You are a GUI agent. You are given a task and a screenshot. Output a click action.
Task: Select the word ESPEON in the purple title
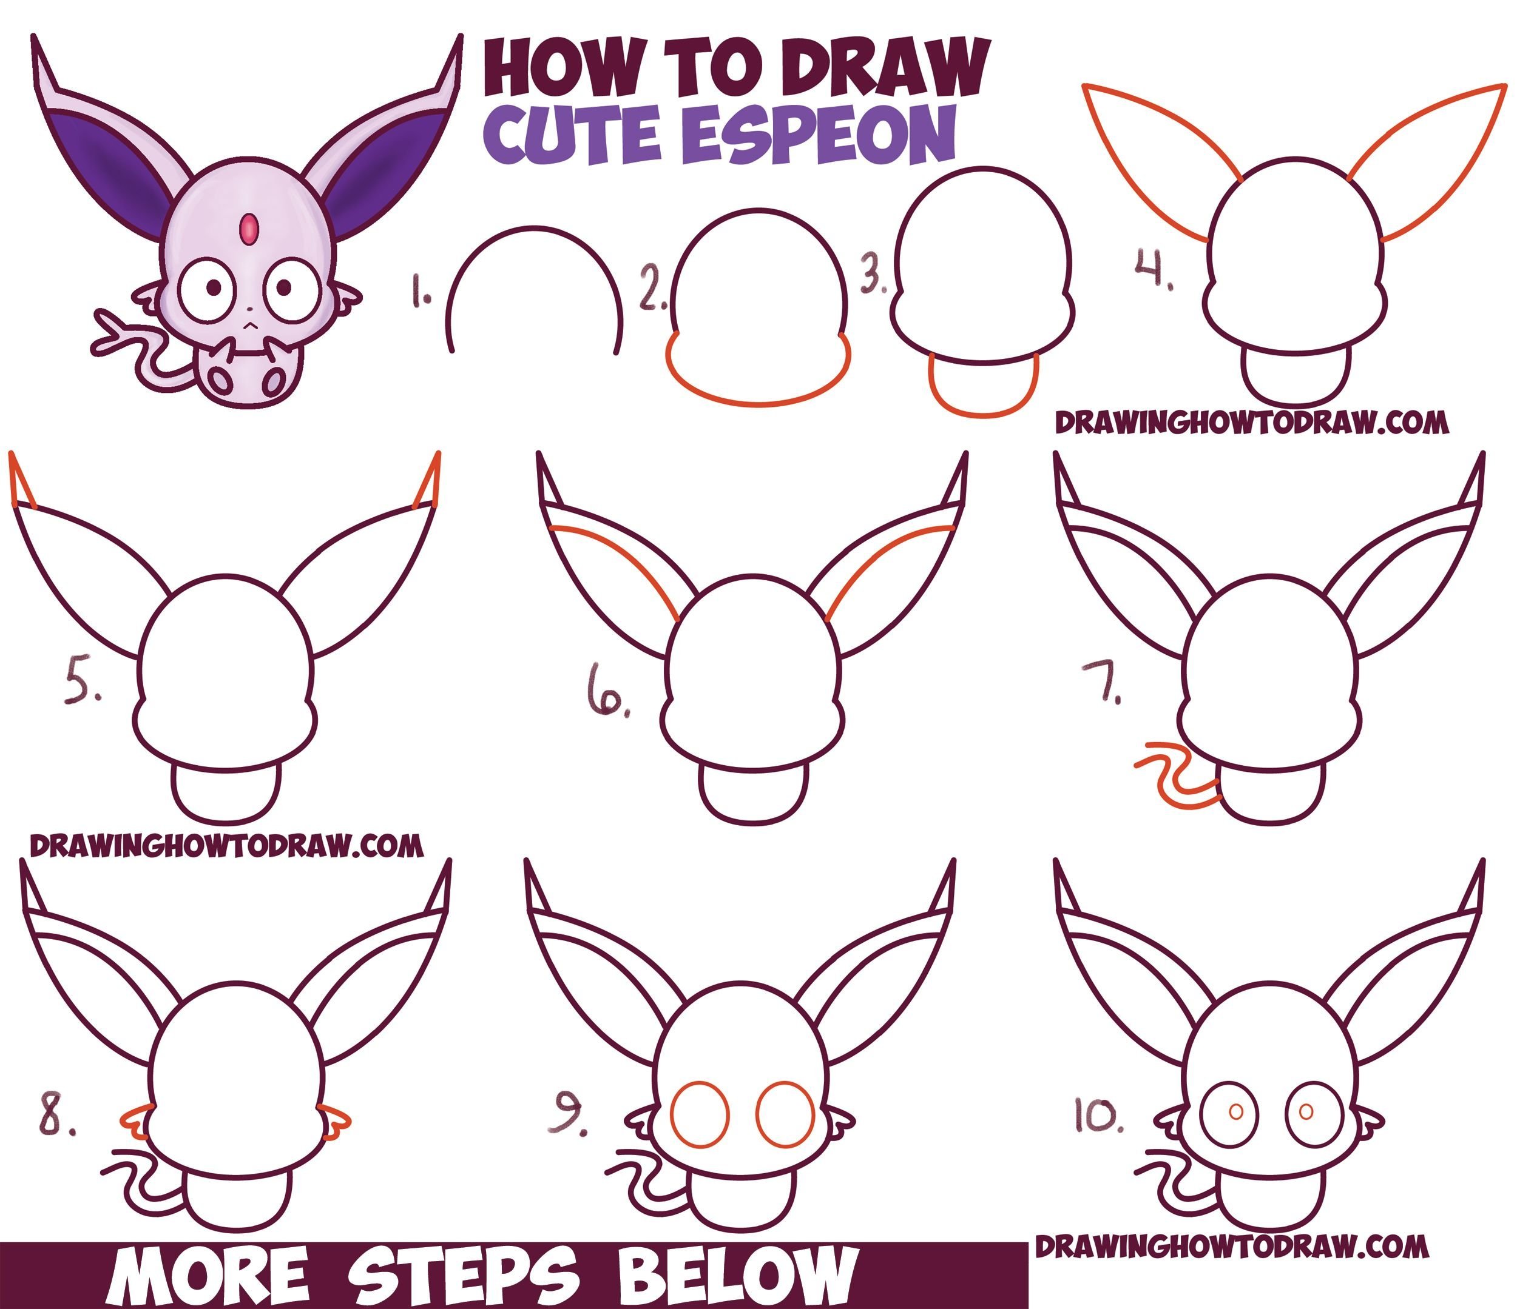(823, 135)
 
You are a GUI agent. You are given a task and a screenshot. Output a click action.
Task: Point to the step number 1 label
(421, 290)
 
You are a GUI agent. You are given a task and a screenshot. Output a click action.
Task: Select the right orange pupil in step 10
(1305, 1112)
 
